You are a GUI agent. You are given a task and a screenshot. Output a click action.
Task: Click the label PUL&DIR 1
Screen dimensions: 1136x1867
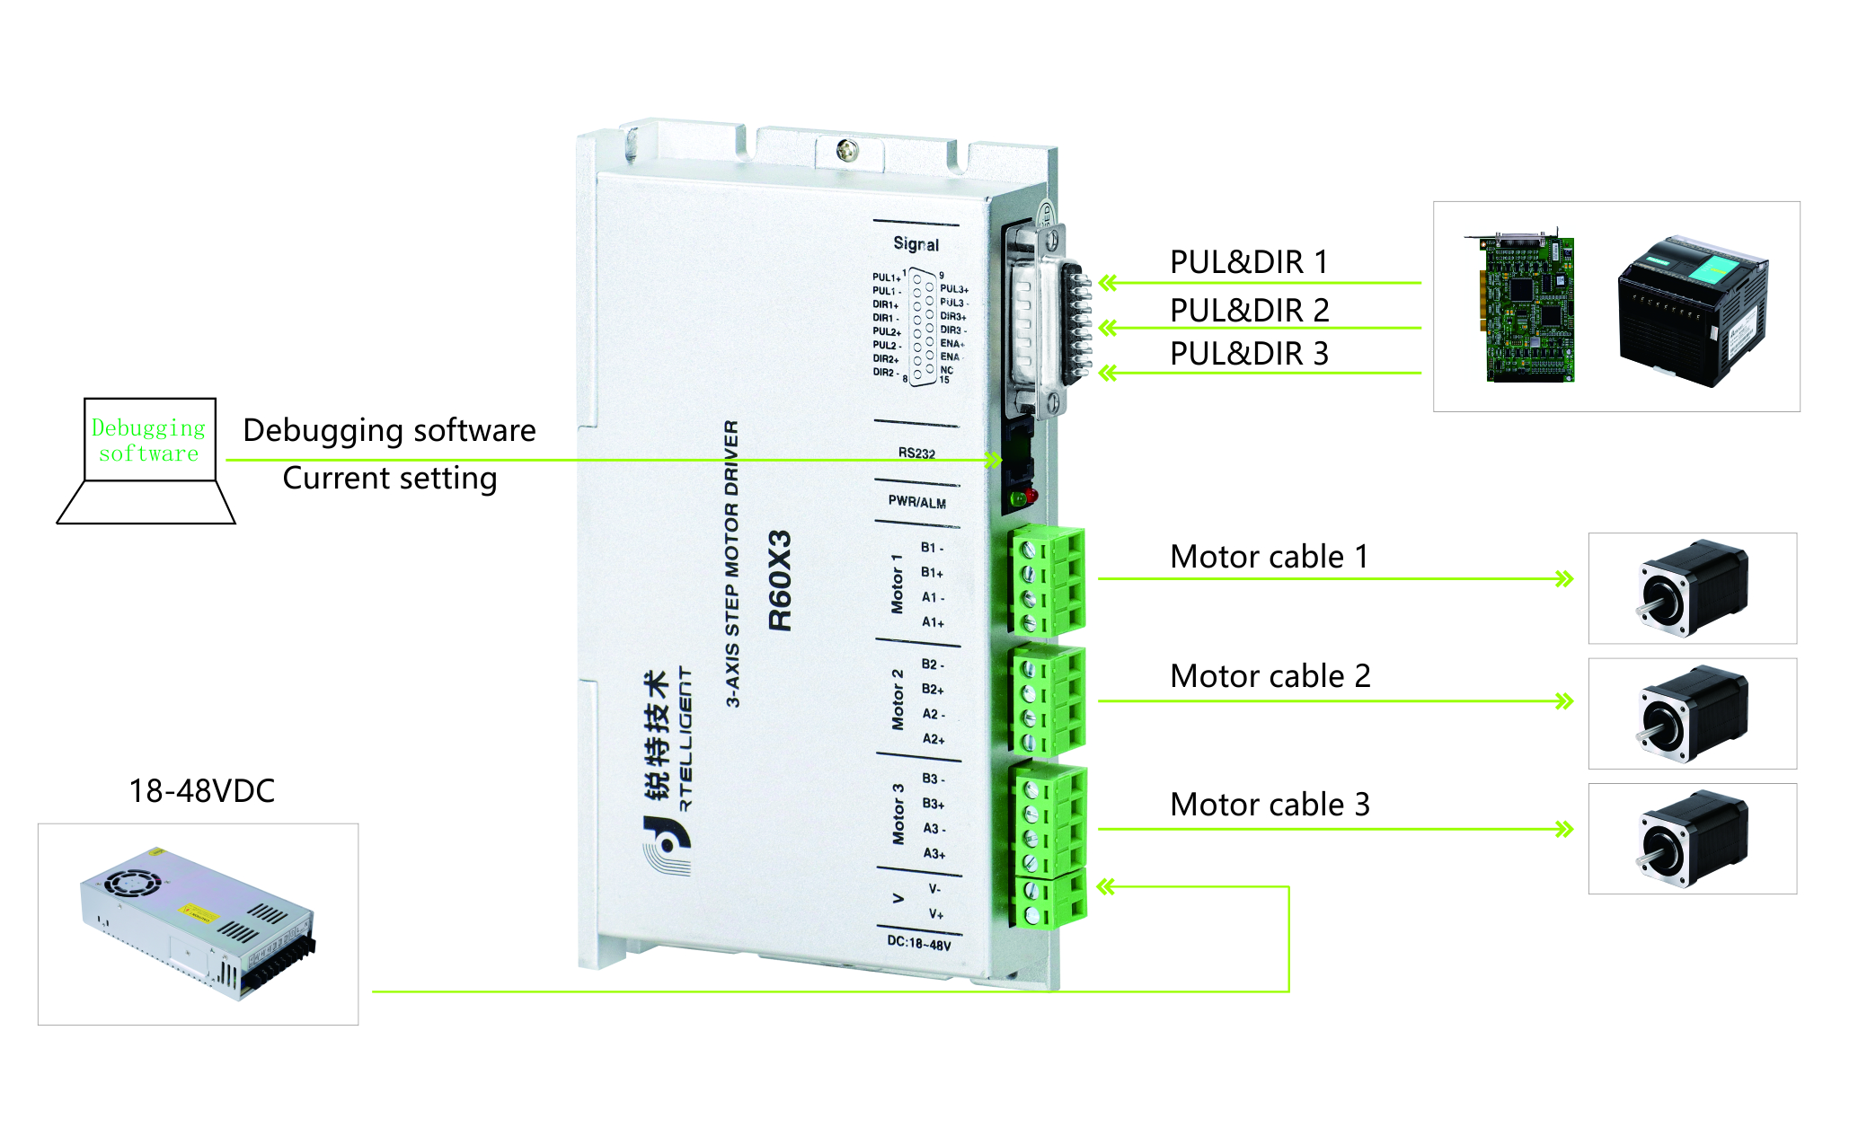tap(1248, 262)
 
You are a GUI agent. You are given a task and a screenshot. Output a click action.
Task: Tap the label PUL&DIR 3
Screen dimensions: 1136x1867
tap(1248, 354)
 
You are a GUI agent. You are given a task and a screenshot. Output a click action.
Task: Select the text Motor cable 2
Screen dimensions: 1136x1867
tap(1270, 676)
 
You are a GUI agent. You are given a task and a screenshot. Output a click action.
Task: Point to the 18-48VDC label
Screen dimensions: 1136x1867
tap(201, 791)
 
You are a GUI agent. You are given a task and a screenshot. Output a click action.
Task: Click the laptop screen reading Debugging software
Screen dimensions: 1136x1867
tap(149, 440)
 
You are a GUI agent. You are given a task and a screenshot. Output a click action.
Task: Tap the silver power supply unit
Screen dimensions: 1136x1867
tap(199, 923)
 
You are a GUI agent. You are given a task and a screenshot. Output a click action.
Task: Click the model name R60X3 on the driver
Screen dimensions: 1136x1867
tap(780, 581)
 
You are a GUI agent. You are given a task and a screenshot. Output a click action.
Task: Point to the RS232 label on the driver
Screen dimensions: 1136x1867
tap(916, 454)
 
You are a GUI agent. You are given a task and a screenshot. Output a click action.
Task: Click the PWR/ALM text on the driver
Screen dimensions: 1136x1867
tap(916, 502)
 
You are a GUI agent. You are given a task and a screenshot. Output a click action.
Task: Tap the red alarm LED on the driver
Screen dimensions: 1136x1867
tap(1031, 496)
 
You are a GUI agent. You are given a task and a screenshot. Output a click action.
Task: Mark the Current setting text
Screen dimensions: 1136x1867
tap(389, 479)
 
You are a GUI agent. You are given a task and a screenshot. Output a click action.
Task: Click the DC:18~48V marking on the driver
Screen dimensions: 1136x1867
tap(918, 943)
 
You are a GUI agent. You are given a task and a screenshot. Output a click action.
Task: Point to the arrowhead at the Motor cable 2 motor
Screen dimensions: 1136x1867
tap(1564, 701)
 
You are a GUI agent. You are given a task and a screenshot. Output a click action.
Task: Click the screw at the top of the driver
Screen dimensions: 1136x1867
tap(846, 151)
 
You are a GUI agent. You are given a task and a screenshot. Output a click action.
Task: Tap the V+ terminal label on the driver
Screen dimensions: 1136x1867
tap(935, 914)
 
